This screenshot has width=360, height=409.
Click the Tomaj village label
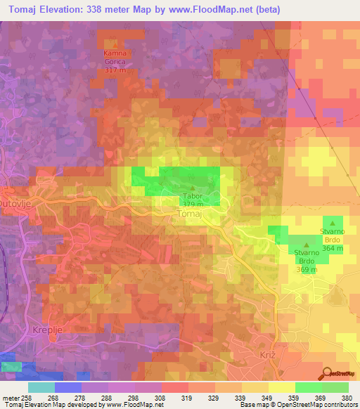[191, 213]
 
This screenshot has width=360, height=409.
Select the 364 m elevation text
[333, 248]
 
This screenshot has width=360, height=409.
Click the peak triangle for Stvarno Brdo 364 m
[333, 223]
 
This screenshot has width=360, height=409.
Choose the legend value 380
[349, 397]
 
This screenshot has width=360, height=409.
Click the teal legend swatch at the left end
[41, 387]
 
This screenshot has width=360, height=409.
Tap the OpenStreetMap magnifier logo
[328, 372]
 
